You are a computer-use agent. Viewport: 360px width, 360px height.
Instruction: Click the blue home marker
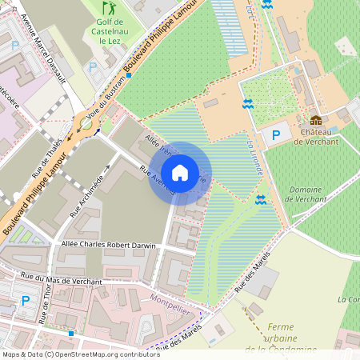click(x=180, y=173)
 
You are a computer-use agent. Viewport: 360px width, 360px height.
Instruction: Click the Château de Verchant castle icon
click(x=316, y=120)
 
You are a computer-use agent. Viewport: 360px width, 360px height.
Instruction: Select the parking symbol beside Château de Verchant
click(x=276, y=135)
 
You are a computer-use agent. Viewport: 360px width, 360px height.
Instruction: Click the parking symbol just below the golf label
click(x=92, y=68)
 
